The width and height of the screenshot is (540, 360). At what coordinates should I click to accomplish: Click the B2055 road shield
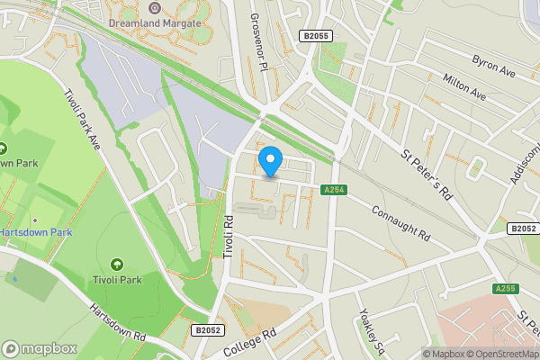pos(315,35)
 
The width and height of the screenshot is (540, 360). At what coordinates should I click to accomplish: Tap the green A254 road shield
pos(333,189)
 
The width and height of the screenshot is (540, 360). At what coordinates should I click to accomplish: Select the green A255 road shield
pos(505,289)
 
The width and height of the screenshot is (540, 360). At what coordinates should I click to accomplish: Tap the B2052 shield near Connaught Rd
pos(522,229)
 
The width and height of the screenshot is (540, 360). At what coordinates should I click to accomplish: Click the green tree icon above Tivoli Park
pos(116,264)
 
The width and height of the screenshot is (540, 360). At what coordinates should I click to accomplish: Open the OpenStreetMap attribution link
pos(504,354)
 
